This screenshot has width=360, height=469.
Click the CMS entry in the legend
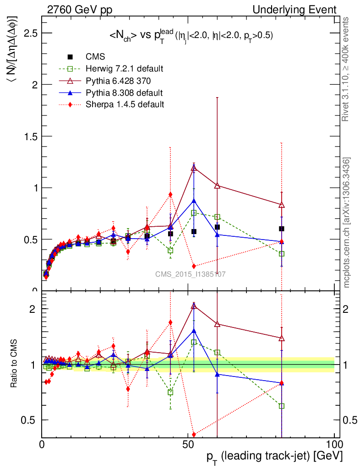95,57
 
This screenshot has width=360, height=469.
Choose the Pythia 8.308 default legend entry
124,93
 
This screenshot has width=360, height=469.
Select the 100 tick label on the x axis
334,445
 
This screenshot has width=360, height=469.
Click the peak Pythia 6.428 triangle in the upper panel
194,168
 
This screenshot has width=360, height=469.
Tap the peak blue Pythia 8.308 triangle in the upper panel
194,201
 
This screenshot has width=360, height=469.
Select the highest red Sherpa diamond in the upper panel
170,194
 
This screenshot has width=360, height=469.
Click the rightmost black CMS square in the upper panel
282,229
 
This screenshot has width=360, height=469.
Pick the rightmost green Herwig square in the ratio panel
282,406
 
